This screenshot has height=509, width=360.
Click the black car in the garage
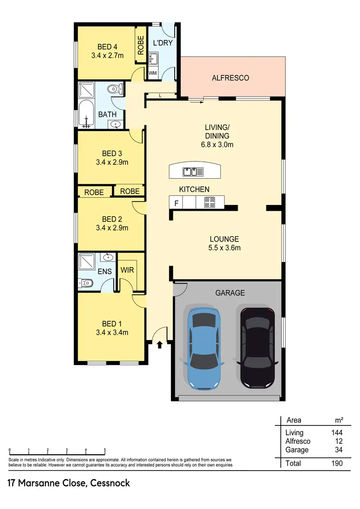click(258, 348)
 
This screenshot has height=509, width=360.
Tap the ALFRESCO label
click(230, 78)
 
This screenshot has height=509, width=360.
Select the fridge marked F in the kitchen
click(176, 203)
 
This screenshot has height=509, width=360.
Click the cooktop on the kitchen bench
click(210, 203)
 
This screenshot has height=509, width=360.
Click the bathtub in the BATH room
click(87, 114)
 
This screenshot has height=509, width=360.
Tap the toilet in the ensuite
click(86, 283)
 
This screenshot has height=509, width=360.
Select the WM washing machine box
click(153, 73)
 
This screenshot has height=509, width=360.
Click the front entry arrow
click(159, 344)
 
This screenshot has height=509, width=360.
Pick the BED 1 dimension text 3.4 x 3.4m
click(111, 332)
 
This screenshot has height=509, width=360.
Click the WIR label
click(127, 270)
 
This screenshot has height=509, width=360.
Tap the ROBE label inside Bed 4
click(141, 46)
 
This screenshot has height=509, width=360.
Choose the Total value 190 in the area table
click(336, 463)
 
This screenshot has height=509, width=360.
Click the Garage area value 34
click(338, 450)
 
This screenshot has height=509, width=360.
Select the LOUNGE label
click(224, 239)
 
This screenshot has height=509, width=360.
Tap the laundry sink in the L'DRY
click(154, 60)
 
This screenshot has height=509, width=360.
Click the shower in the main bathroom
click(87, 90)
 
